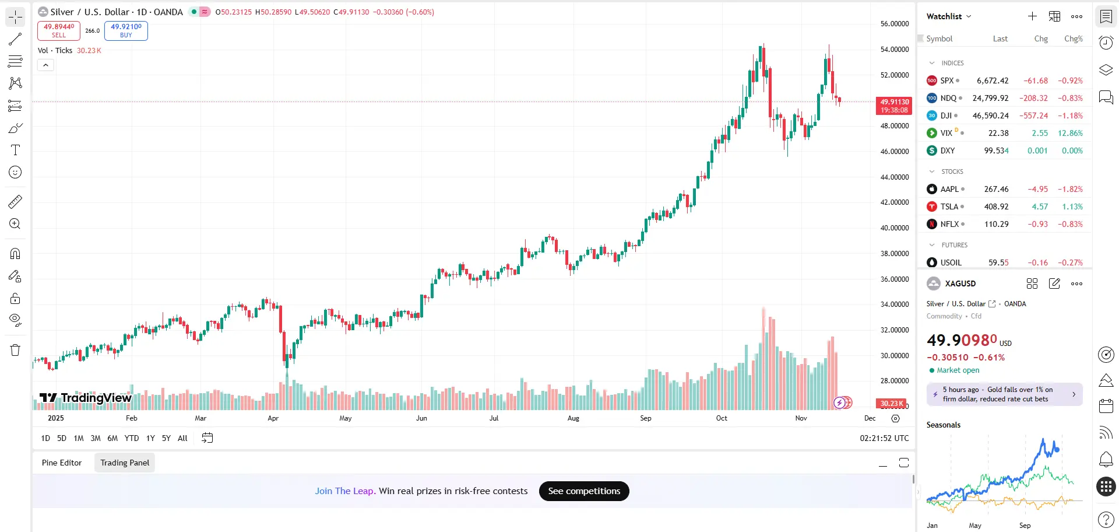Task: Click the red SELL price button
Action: (59, 30)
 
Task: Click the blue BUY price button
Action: (126, 30)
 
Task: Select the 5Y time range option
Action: (166, 438)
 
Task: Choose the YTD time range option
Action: (132, 438)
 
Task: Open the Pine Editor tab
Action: (62, 463)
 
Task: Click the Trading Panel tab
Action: (125, 463)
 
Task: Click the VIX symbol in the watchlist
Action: (946, 133)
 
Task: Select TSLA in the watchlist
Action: (949, 206)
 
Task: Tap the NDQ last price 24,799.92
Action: (990, 98)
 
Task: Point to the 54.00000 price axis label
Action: (894, 50)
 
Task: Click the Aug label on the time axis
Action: (573, 418)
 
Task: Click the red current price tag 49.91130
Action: (894, 106)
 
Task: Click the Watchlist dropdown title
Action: (948, 16)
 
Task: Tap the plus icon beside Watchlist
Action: (1032, 16)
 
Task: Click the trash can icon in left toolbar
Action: (15, 350)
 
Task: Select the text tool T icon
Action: (15, 150)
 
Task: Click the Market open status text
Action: (958, 370)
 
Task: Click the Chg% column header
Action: (1073, 38)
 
